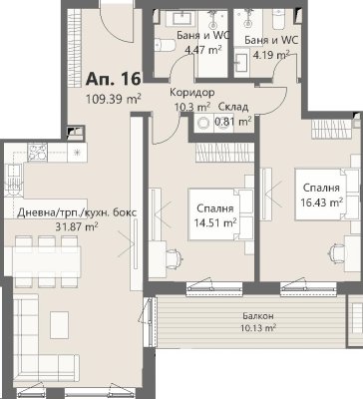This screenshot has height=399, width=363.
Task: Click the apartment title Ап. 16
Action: pos(113,79)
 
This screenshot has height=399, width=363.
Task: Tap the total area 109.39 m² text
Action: pos(114,99)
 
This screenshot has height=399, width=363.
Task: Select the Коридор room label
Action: pos(192,92)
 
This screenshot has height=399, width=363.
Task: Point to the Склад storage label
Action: pos(233,107)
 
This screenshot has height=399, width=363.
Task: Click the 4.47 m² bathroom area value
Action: pos(203,50)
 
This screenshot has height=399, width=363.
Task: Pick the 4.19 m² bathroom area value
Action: pos(271,54)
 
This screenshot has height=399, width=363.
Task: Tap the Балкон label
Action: pos(258,316)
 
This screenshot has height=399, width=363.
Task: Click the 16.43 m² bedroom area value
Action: pos(321,201)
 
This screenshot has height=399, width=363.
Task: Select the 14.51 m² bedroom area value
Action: pos(215,222)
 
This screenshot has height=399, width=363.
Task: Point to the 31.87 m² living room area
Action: pos(77,227)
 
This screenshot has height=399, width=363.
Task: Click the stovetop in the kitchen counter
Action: pos(37,152)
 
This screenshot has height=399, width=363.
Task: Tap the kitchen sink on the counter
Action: pos(13,183)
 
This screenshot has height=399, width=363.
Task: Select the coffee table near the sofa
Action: pos(60,325)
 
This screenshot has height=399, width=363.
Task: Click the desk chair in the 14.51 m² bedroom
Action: pos(174,258)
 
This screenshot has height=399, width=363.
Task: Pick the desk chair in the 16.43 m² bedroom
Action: pos(338,253)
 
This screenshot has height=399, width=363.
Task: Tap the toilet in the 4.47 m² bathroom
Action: pos(166,46)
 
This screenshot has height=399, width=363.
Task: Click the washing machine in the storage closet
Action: pos(202,124)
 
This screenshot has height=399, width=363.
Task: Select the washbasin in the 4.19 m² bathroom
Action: pos(242,63)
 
